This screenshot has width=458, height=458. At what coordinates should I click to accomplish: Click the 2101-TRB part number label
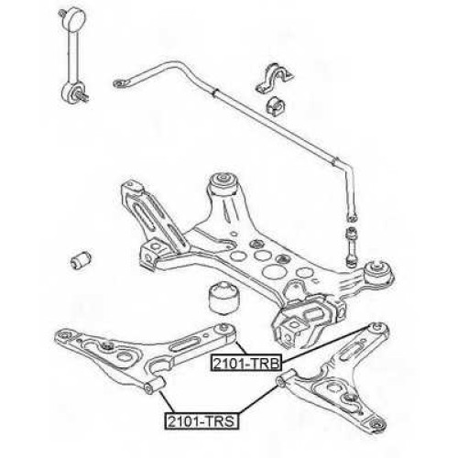click(x=245, y=363)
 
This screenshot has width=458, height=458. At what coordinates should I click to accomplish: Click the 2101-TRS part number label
click(x=202, y=421)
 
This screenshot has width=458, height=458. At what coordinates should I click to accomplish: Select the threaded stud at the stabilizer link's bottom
click(x=82, y=95)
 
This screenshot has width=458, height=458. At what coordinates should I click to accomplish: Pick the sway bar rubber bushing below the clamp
click(x=276, y=105)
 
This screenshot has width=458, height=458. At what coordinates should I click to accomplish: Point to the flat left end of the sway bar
click(x=120, y=83)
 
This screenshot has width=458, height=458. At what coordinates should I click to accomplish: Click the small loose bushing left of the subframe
click(x=81, y=260)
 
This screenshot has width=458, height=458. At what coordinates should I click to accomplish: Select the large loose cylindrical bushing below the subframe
click(x=224, y=299)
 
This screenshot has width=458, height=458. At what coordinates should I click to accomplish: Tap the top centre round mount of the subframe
click(x=224, y=183)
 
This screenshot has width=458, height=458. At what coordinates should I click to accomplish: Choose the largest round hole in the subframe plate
click(x=272, y=271)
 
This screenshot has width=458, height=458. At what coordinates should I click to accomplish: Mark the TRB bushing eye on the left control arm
click(x=224, y=333)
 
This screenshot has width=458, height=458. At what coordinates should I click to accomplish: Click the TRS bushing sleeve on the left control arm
click(x=155, y=386)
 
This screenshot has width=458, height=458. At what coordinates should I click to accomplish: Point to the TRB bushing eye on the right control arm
click(x=378, y=330)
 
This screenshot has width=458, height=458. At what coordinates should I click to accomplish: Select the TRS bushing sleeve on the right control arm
click(x=286, y=377)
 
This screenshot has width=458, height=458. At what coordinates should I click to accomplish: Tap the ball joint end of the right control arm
click(x=378, y=424)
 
